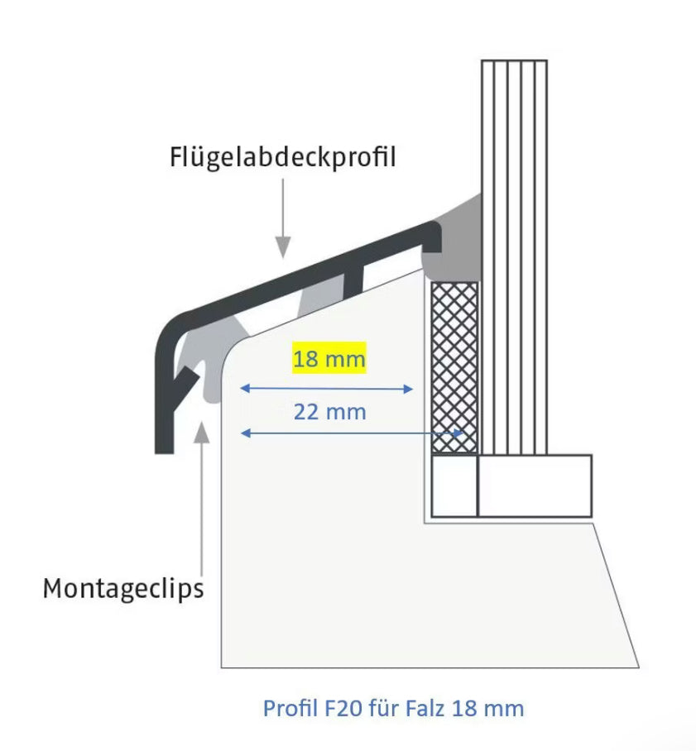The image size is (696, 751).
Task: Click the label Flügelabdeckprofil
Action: pyautogui.click(x=283, y=156)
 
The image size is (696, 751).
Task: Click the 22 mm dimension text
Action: pyautogui.click(x=329, y=411)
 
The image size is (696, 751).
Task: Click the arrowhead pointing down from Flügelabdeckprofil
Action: pyautogui.click(x=283, y=245)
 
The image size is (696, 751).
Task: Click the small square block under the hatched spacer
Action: pyautogui.click(x=454, y=486)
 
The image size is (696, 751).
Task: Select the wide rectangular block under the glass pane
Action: pyautogui.click(x=535, y=486)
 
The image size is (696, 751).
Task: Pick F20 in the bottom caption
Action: pyautogui.click(x=334, y=709)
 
